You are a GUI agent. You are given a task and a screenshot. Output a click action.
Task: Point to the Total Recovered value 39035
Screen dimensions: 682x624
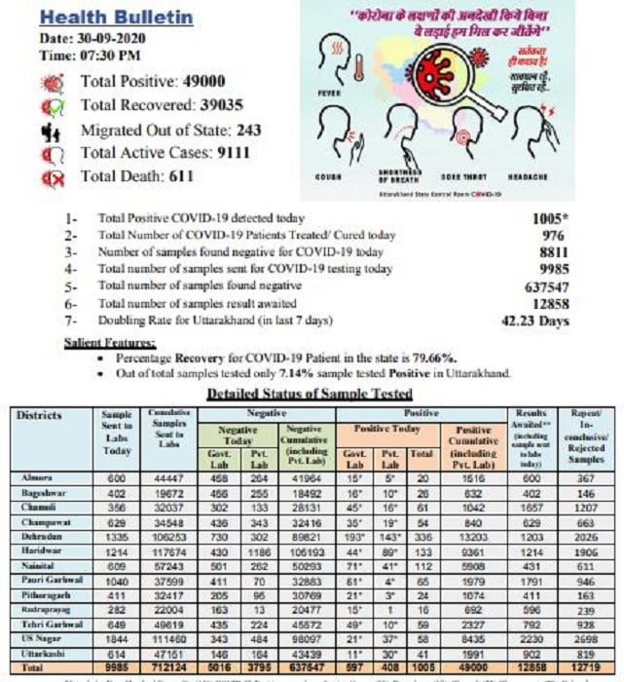point(223,105)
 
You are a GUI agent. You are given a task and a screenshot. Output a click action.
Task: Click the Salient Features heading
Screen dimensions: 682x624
point(109,343)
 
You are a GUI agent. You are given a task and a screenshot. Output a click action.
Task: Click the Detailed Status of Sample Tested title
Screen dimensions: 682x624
point(310,394)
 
